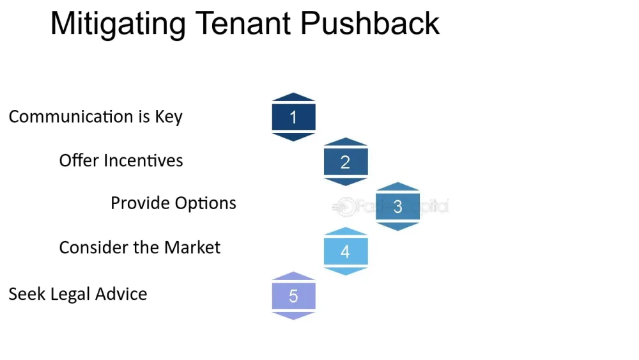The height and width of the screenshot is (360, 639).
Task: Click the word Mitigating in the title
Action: coord(118,24)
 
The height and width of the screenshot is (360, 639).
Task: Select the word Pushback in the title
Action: coord(370,23)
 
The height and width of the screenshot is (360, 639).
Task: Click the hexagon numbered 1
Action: coord(293,117)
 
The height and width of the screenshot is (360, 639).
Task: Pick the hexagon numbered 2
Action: coord(346,162)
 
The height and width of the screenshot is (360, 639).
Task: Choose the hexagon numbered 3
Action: coord(397,207)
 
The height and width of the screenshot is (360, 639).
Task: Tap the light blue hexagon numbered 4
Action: coord(346,251)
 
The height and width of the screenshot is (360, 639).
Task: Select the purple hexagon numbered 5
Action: coord(293,295)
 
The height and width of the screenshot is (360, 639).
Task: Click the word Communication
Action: coord(71,116)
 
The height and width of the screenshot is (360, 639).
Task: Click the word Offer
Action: coord(79,160)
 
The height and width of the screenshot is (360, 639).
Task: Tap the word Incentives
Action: coord(143,160)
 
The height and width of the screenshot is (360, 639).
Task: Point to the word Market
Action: coord(192,247)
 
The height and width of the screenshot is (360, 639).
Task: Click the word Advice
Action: coord(121,294)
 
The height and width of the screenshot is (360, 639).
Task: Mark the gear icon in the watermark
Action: coord(346,207)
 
